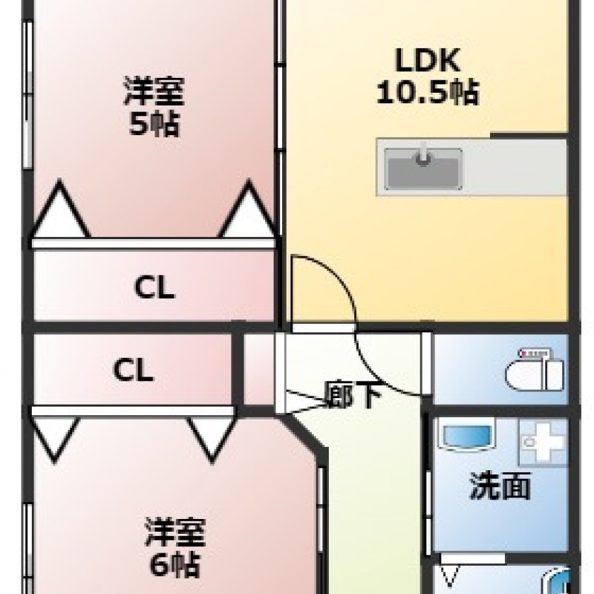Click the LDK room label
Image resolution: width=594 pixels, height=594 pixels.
428,60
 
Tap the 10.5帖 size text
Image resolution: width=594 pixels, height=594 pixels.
428,92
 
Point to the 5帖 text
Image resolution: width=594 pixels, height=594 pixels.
154,123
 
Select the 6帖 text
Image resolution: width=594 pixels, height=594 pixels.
174,564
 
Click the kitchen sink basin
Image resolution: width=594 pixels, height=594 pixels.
423,169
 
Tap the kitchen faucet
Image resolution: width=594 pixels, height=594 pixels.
423,154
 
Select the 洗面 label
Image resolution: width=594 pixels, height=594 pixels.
500,486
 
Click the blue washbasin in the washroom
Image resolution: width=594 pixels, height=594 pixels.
467,435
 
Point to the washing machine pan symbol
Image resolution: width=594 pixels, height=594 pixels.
543,442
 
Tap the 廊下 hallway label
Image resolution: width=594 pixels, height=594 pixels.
354,395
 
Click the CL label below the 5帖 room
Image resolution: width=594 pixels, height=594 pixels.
154,287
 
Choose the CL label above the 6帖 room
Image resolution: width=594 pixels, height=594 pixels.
133,369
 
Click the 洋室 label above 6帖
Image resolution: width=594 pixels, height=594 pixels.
174,532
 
